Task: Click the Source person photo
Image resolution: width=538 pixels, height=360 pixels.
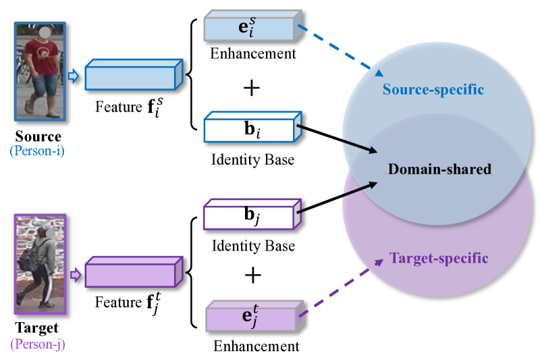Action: click(39, 71)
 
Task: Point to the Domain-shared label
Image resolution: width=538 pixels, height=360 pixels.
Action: click(439, 169)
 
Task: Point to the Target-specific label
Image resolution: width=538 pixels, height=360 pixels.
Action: click(439, 258)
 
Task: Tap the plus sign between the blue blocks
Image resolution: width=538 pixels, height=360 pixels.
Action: click(251, 88)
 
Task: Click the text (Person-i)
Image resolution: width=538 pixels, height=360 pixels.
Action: click(38, 150)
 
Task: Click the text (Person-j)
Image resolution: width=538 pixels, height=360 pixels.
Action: click(38, 343)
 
